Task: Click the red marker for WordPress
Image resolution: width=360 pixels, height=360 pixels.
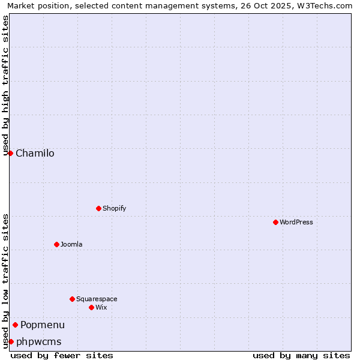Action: [275, 222]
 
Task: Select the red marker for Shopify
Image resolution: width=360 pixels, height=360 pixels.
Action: [98, 208]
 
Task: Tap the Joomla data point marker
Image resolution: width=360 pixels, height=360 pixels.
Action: [56, 244]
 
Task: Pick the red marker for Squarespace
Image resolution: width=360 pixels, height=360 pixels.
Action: [72, 299]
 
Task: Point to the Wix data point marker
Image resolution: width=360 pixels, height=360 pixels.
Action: [91, 307]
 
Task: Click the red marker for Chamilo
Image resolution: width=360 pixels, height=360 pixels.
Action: [10, 153]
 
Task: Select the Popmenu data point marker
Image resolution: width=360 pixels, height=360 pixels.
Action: [15, 325]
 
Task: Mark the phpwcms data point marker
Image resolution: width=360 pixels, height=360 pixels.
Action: [11, 341]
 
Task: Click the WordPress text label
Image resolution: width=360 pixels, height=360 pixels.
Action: [296, 222]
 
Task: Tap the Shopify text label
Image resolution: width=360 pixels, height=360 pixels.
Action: [114, 208]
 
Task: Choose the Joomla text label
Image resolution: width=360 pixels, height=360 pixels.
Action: [71, 244]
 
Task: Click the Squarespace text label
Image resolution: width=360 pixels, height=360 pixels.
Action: [97, 299]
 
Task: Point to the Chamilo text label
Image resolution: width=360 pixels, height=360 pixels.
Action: [35, 153]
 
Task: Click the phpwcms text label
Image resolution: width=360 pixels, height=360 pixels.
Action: [38, 341]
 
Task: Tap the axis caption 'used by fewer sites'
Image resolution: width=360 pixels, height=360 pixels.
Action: [62, 355]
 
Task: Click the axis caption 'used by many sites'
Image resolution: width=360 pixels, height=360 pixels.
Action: [301, 355]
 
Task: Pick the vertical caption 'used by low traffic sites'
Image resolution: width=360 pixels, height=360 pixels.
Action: [5, 281]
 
